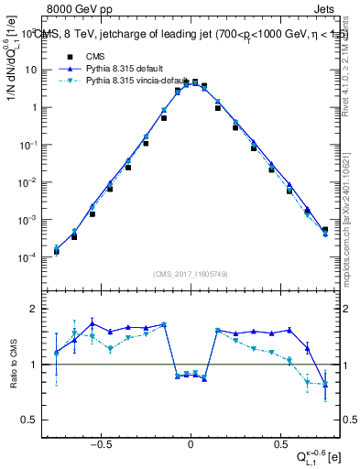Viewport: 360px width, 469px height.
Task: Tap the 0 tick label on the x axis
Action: click(191, 442)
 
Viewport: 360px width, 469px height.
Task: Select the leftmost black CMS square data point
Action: click(56, 251)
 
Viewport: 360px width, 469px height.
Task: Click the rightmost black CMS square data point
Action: click(325, 230)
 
